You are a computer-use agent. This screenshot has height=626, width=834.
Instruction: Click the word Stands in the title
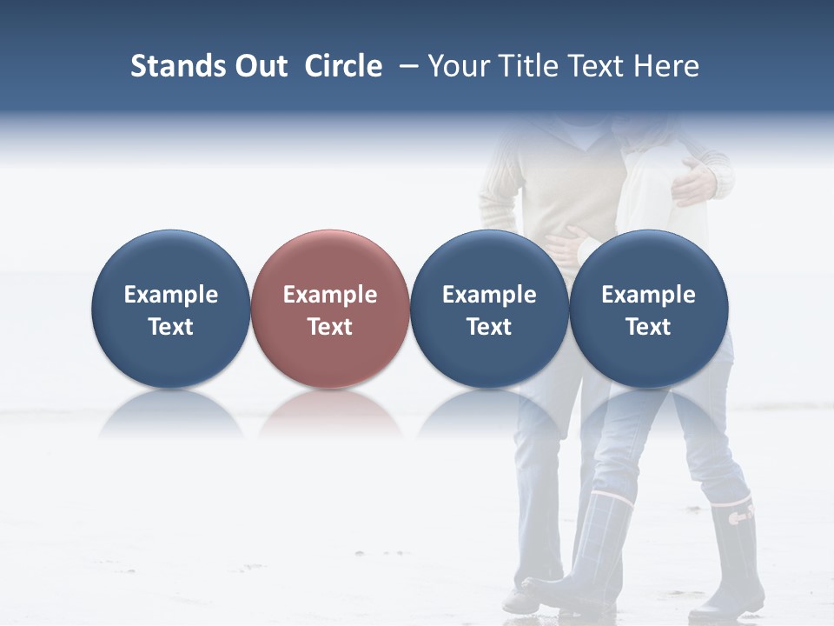click(x=166, y=66)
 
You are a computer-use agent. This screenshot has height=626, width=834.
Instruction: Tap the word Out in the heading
click(x=259, y=66)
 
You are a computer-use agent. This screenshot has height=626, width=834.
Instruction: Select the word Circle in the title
click(x=343, y=66)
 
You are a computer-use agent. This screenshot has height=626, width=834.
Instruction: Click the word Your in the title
click(x=457, y=66)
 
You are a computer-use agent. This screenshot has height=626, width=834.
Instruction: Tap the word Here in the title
click(x=666, y=66)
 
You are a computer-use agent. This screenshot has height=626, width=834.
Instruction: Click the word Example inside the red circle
click(x=330, y=295)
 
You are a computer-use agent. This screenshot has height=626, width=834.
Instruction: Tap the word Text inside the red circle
click(x=330, y=327)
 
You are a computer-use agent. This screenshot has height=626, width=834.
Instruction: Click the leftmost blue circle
click(x=171, y=309)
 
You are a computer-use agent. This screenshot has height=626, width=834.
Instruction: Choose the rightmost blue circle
click(x=649, y=309)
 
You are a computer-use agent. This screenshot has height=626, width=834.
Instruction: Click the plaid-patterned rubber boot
click(x=599, y=548)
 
